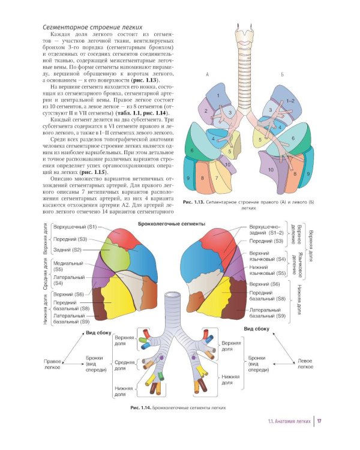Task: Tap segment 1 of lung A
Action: click(x=218, y=96)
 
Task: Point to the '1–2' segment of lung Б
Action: click(x=291, y=101)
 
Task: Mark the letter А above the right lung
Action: click(x=207, y=74)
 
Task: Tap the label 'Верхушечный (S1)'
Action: click(x=75, y=227)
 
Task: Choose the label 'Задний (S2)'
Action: click(x=68, y=249)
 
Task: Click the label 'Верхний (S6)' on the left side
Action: click(x=68, y=295)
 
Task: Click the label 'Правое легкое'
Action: click(x=54, y=364)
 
